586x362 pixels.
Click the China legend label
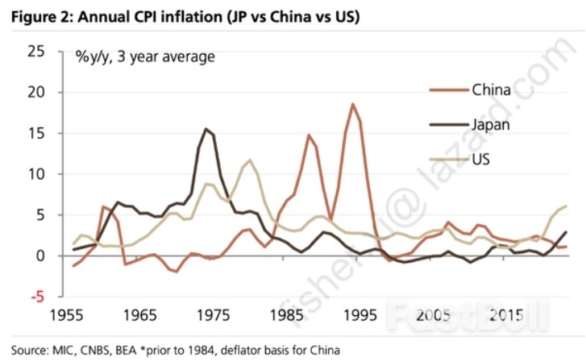(x=491, y=89)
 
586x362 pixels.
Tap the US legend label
(x=482, y=159)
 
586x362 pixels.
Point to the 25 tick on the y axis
(x=35, y=52)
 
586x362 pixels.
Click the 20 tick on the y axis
(x=35, y=93)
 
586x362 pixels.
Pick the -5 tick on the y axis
(x=37, y=297)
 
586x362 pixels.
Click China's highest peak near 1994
(x=352, y=104)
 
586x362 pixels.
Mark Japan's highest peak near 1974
(x=206, y=129)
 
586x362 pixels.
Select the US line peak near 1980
(x=250, y=160)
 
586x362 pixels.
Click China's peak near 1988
(x=308, y=135)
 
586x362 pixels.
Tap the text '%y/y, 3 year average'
(x=145, y=56)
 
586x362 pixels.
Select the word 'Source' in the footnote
(x=30, y=350)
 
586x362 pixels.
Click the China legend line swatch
(x=446, y=89)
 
